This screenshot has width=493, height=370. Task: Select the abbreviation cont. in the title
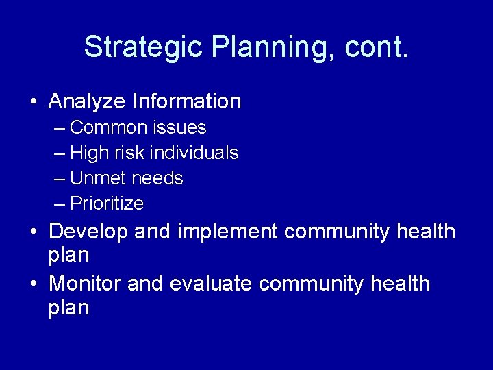coord(377,47)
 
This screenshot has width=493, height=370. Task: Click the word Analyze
coord(87,101)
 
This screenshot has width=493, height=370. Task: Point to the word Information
coord(187,101)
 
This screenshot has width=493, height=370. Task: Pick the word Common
coord(109,127)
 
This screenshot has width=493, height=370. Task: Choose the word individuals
coord(195,153)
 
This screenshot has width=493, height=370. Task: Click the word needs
coord(157,178)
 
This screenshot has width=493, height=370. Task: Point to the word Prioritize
coord(107,203)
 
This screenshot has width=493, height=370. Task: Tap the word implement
coord(228,232)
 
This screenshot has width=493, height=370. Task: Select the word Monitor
coord(86,283)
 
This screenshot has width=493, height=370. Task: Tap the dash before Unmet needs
coord(60,178)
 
